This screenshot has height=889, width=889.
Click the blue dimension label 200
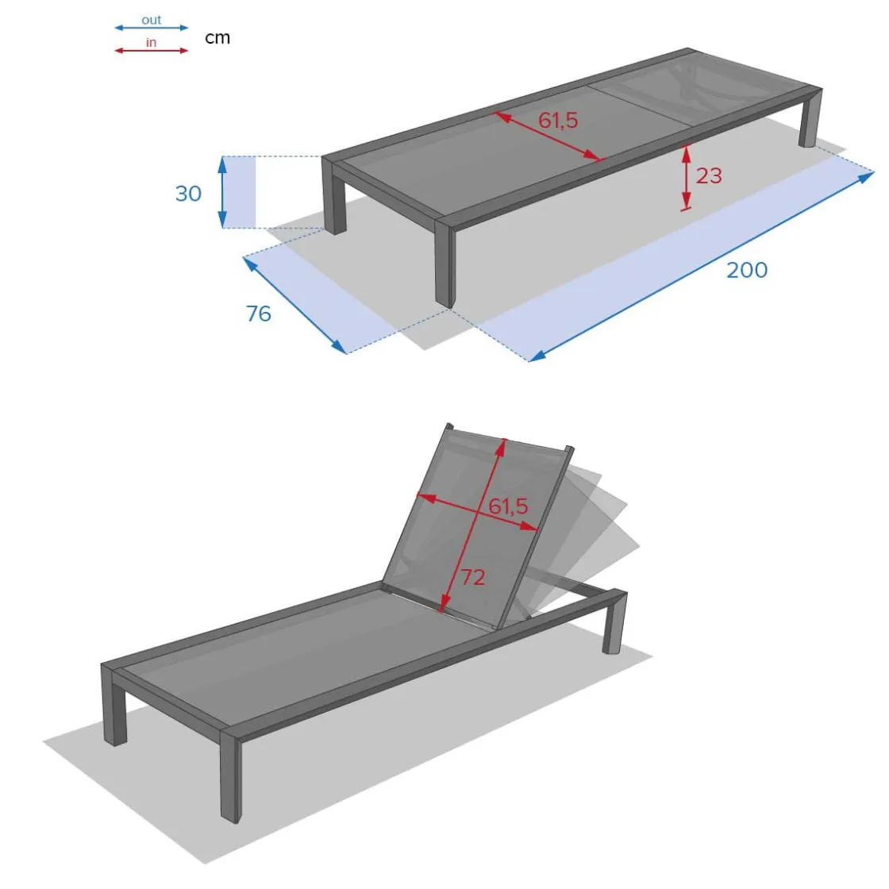747,270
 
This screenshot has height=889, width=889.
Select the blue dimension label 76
259,314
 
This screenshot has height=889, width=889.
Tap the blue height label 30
188,194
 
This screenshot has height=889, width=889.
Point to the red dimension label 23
709,175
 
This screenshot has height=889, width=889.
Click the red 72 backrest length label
473,577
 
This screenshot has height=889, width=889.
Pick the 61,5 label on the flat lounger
558,120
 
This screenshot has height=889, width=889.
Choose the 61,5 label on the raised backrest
509,506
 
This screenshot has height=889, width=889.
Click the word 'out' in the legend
152,20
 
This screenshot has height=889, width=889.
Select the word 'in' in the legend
151,43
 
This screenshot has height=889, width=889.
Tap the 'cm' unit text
217,38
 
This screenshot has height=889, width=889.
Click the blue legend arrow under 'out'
152,27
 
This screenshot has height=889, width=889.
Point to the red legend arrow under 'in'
152,51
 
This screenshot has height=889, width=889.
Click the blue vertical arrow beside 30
223,192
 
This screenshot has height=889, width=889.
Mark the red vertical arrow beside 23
686,178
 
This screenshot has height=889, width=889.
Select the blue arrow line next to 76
294,306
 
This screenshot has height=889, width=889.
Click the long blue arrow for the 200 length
702,267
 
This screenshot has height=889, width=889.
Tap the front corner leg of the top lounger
445,264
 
